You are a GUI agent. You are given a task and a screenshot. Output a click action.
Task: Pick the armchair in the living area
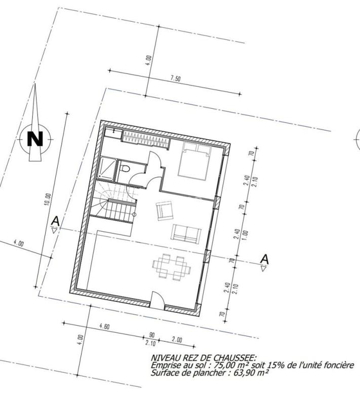pos(165,210)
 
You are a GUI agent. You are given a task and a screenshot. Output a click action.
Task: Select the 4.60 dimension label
pos(105,327)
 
